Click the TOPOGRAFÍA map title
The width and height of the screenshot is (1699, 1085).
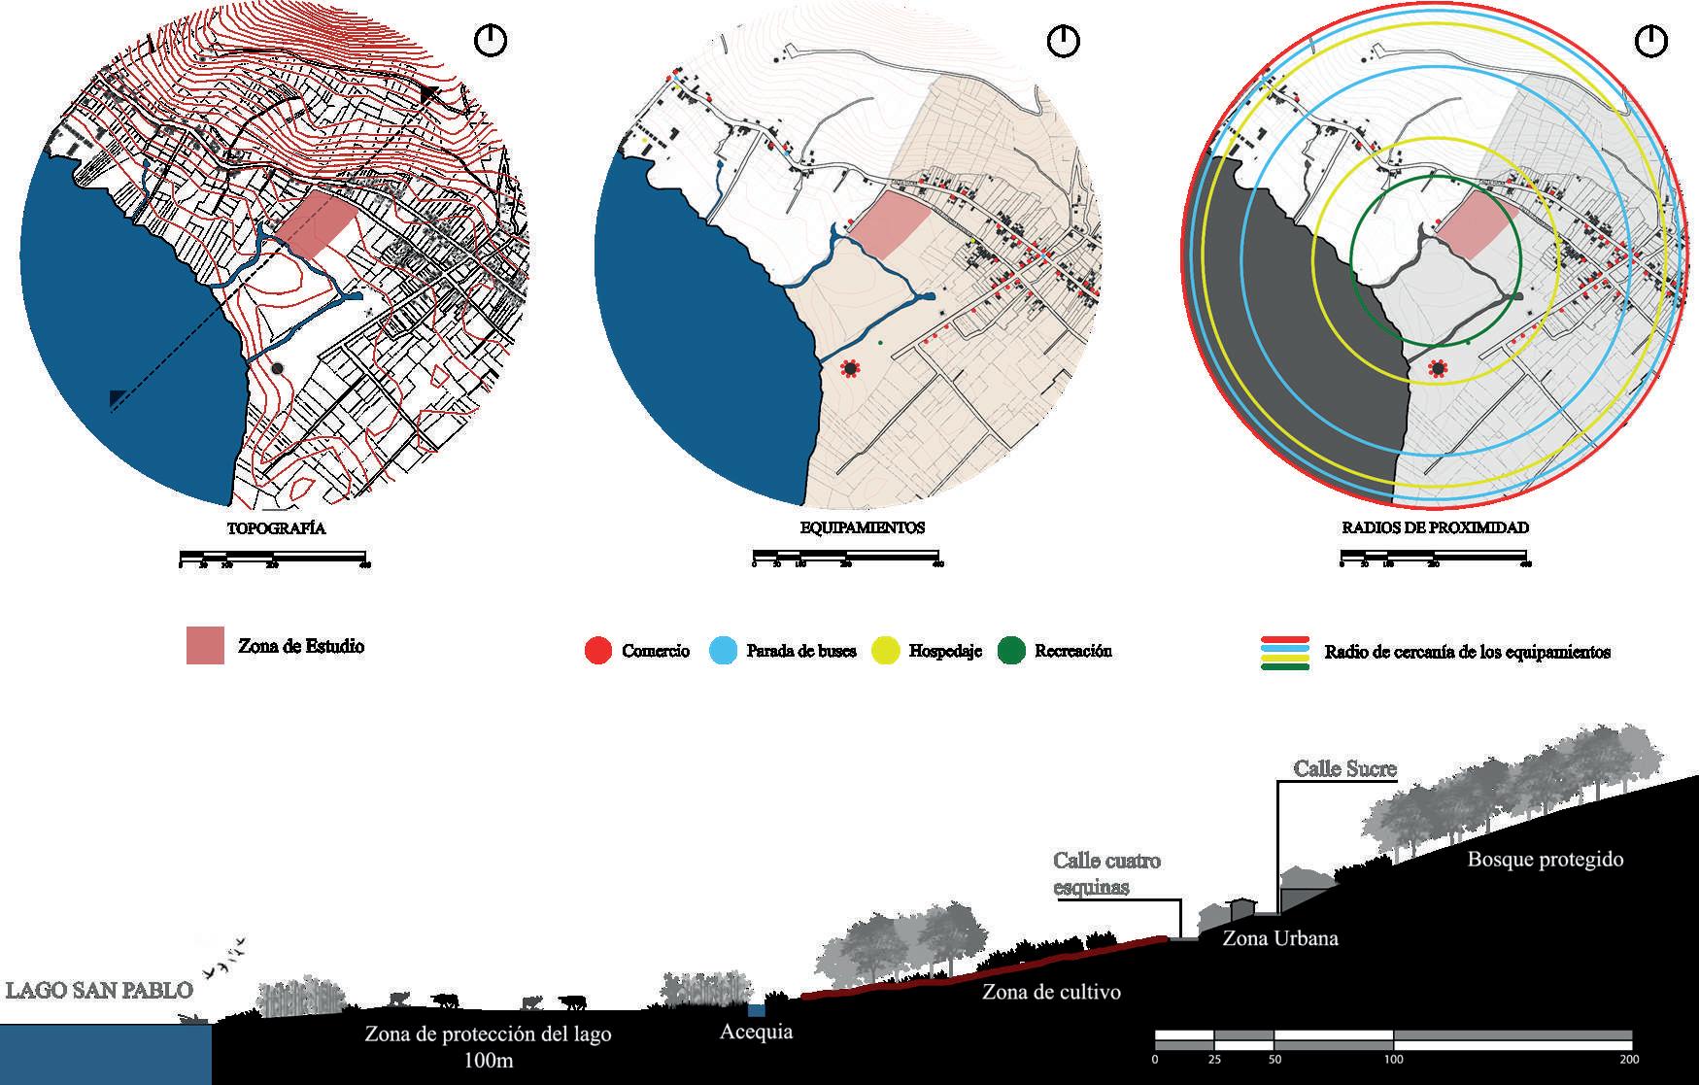[x=276, y=529]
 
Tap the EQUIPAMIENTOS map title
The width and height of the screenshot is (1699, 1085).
[x=855, y=528]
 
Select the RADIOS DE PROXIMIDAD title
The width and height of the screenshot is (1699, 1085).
[x=1435, y=528]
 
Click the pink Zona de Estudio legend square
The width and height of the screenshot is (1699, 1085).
[x=205, y=646]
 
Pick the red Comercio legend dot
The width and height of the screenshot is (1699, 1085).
[x=598, y=651]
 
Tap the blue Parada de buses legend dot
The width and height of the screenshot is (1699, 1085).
[x=724, y=651]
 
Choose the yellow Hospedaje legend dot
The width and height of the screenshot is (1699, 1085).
[x=886, y=651]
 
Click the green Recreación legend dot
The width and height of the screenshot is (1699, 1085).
[x=1011, y=651]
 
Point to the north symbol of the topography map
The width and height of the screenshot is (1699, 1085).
[x=491, y=41]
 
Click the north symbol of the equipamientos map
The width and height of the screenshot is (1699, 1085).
[x=1064, y=41]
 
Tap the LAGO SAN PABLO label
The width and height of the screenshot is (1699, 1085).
[x=99, y=991]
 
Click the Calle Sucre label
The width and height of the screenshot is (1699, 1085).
[x=1344, y=768]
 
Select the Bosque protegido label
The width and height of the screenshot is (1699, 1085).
[x=1545, y=860]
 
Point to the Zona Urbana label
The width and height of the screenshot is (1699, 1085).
[x=1279, y=938]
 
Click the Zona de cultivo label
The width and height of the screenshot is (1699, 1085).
[x=1051, y=992]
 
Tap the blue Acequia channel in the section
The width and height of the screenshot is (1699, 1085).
[x=757, y=1010]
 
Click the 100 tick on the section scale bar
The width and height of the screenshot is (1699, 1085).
[x=1393, y=1059]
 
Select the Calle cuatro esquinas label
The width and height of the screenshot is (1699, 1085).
[x=1106, y=873]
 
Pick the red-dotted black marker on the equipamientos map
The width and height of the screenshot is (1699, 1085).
[x=851, y=369]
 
